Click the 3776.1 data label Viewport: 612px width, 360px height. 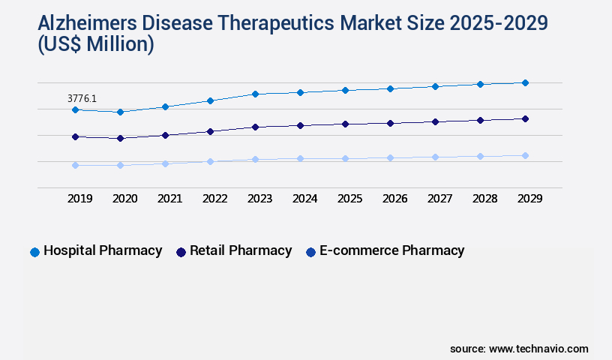tap(82, 98)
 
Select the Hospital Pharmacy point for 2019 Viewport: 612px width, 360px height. tap(75, 110)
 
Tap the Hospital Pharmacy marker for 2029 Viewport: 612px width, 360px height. tap(525, 82)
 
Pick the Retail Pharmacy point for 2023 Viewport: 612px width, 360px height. tap(255, 127)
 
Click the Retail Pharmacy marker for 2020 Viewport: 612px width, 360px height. tap(120, 138)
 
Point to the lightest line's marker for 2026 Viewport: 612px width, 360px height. tap(390, 157)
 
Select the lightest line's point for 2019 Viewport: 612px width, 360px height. tap(75, 165)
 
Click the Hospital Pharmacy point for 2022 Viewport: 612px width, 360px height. tap(210, 100)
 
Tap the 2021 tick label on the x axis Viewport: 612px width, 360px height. tap(169, 199)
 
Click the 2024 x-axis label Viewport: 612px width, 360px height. tap(304, 199)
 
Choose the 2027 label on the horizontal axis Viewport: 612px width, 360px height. tap(439, 199)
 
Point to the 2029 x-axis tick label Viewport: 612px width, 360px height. tap(529, 199)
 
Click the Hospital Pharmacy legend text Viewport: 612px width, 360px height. tap(103, 250)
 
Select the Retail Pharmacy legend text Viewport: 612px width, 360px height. tap(241, 250)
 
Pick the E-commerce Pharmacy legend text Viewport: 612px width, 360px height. tap(391, 250)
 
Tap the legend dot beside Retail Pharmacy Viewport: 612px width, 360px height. tap(181, 252)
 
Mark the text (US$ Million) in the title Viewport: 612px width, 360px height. tap(96, 45)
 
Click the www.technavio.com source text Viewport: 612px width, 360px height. tap(538, 349)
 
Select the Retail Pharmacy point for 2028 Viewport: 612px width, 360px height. tap(480, 120)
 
